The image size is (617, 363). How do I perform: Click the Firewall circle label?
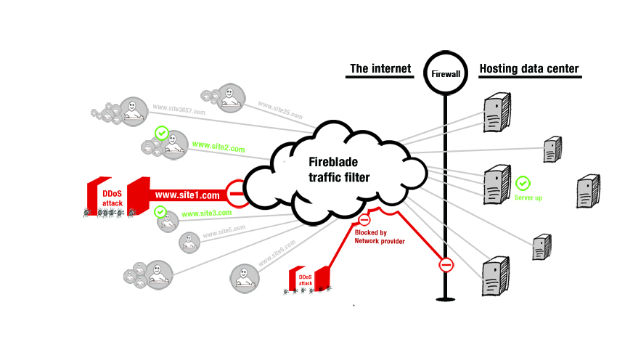[445, 74]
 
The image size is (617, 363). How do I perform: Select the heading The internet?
[380, 70]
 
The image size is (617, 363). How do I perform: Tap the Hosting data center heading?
[528, 70]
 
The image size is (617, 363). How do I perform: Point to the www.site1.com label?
[187, 195]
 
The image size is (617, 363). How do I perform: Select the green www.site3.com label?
[206, 213]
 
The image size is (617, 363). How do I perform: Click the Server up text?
[528, 197]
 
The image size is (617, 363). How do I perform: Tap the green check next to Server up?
[522, 182]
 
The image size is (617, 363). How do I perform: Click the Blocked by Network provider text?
[379, 237]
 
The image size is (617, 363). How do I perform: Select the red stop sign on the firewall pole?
[446, 265]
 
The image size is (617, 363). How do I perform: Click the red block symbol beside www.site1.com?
[235, 194]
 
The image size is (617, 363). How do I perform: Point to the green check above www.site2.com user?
[162, 134]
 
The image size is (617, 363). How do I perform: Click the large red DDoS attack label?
[112, 198]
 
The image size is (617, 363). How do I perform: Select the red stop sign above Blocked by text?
[364, 220]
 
